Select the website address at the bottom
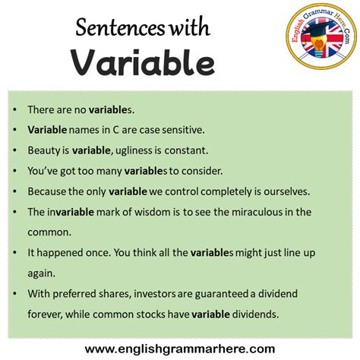pyautogui.click(x=179, y=349)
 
